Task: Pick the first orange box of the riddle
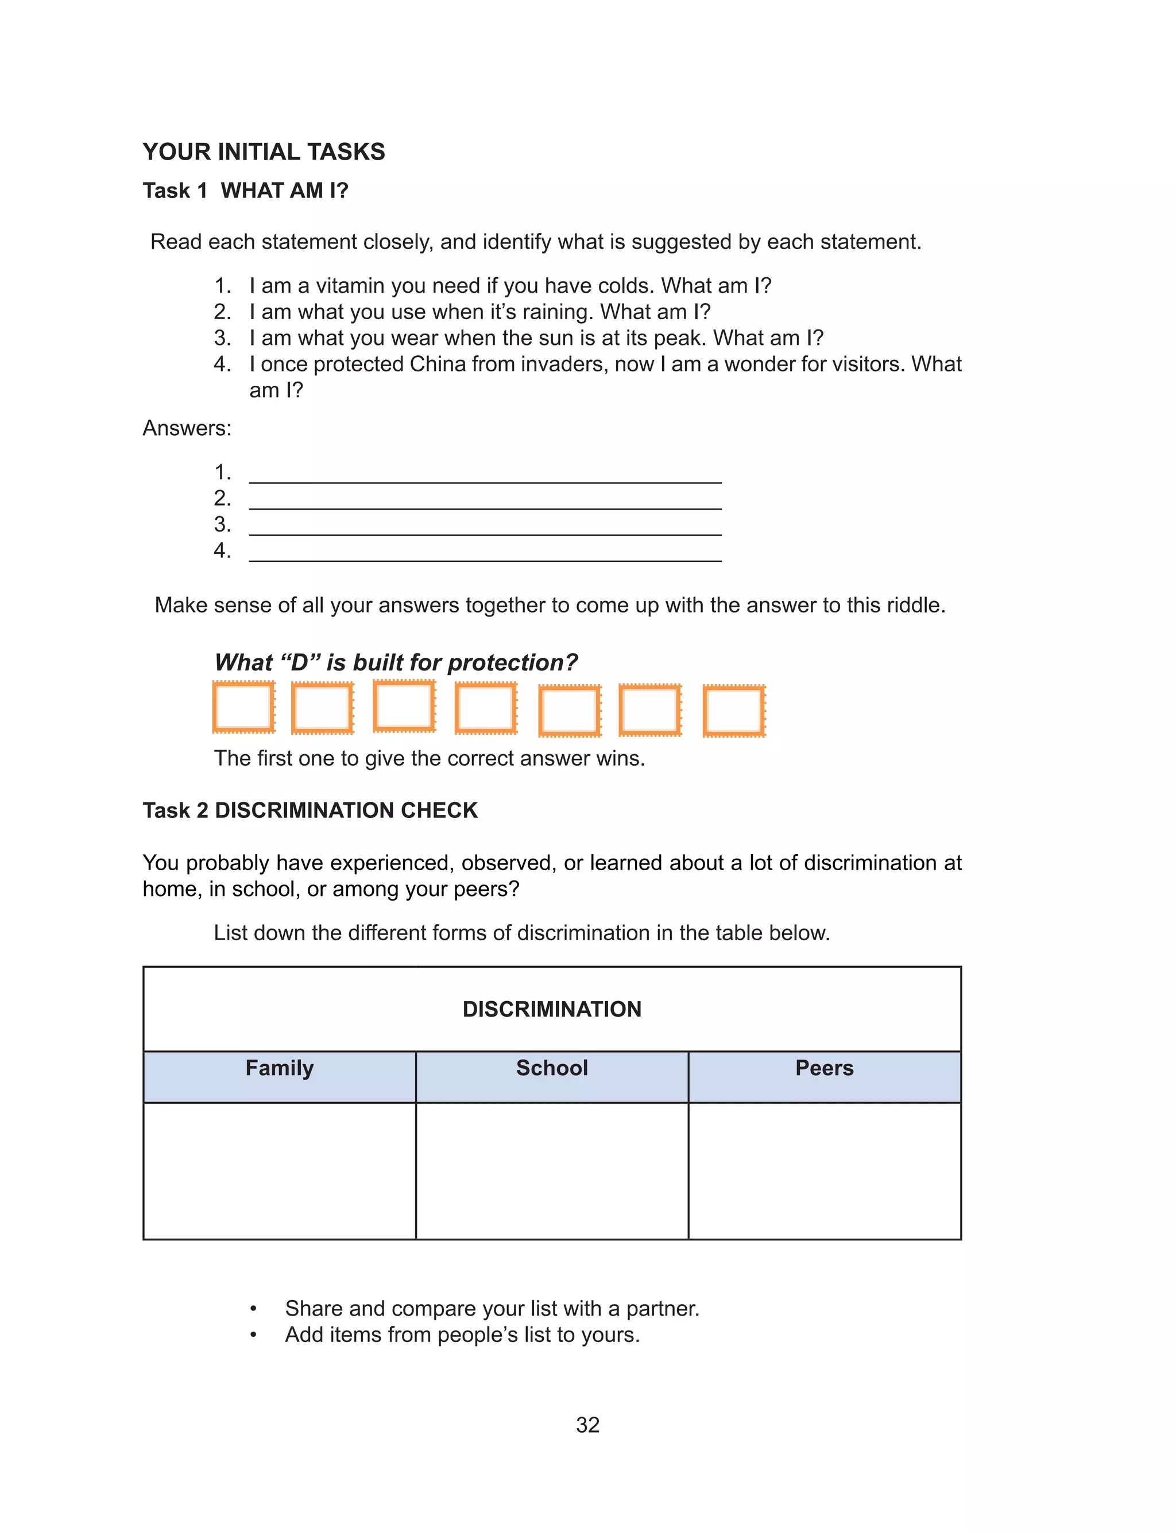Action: (243, 707)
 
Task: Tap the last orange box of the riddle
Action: (734, 711)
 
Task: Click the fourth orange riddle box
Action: (486, 709)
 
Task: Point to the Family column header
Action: (279, 1068)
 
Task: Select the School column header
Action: (552, 1068)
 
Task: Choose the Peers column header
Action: (824, 1068)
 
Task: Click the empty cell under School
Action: (552, 1170)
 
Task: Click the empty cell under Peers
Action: (824, 1170)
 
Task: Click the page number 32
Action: (587, 1425)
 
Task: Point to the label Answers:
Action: (187, 428)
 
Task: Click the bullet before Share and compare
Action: (253, 1309)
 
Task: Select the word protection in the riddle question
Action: (512, 662)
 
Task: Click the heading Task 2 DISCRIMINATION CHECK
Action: (310, 810)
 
